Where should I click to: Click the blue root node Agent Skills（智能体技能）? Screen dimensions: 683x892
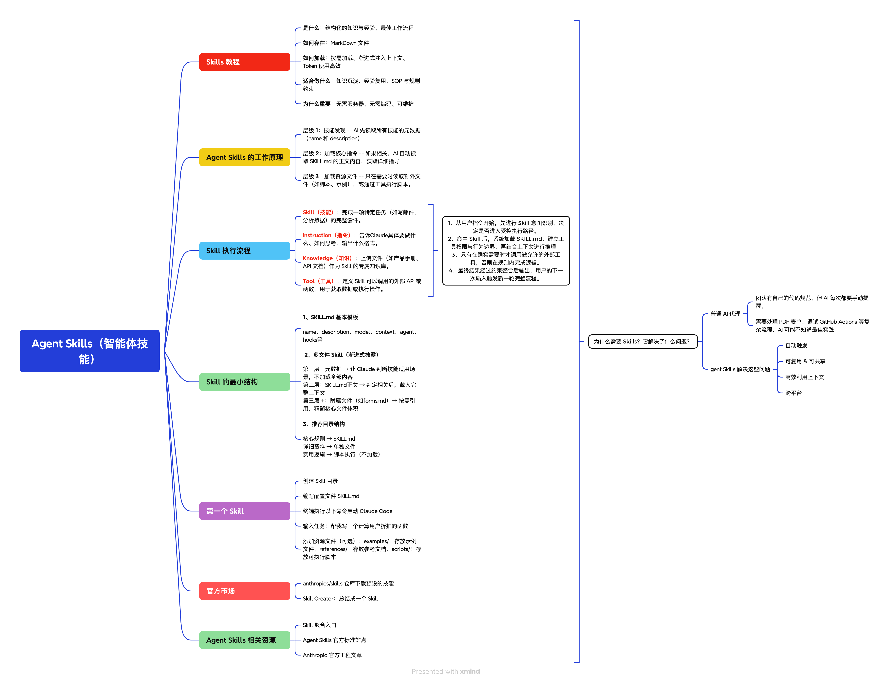[89, 351]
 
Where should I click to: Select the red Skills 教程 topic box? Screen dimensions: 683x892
[244, 62]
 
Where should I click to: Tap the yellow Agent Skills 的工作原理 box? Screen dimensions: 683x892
[244, 157]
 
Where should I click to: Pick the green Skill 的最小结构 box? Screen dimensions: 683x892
[244, 382]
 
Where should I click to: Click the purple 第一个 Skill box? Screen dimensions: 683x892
[244, 511]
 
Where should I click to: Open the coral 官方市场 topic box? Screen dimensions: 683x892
[244, 591]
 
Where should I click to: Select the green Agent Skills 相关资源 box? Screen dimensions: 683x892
[244, 640]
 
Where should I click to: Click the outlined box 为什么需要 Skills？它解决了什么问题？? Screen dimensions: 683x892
[642, 341]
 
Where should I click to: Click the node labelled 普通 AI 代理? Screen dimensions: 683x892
[725, 314]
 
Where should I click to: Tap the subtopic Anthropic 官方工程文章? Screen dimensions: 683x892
[332, 655]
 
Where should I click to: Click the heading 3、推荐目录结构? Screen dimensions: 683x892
[324, 424]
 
